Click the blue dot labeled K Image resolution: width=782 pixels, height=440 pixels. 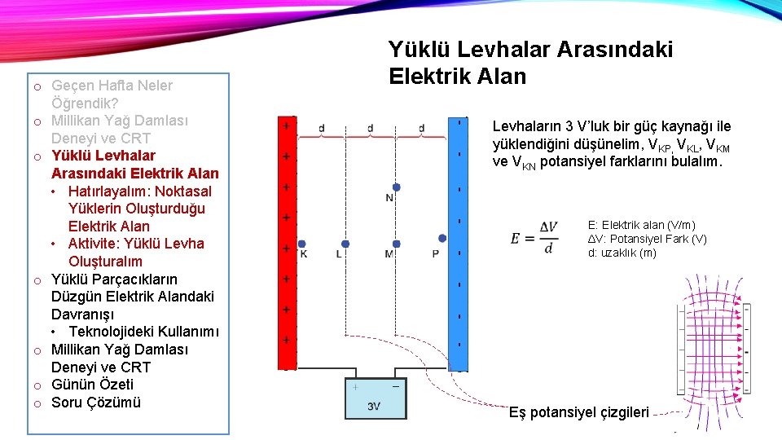[302, 244]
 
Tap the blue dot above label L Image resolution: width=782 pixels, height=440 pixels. [345, 244]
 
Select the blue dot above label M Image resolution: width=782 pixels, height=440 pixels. [397, 244]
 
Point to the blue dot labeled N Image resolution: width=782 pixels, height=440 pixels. [396, 187]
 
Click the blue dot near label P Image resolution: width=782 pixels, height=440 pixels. [442, 239]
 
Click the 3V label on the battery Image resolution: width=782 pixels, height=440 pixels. [374, 406]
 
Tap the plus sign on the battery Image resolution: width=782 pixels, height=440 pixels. [355, 387]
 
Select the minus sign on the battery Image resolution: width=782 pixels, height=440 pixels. [395, 387]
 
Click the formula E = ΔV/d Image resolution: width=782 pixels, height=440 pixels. [534, 238]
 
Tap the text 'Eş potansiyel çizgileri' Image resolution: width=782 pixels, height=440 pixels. [578, 412]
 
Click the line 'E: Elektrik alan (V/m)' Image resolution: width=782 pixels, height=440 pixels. [641, 225]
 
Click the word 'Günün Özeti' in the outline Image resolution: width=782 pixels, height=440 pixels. [92, 385]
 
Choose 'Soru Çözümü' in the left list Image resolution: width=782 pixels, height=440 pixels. [95, 403]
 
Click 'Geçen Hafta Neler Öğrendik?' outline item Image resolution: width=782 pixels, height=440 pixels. [112, 94]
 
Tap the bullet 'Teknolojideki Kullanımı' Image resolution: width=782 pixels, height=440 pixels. [143, 332]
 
